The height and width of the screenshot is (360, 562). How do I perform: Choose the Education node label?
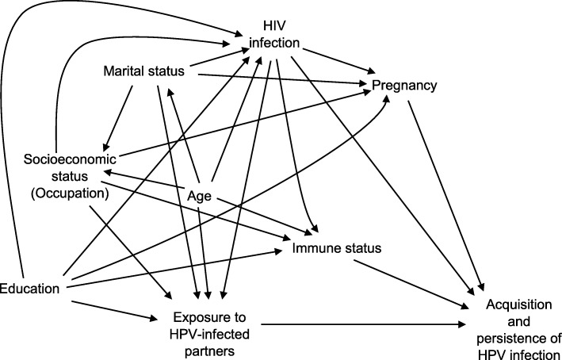30,288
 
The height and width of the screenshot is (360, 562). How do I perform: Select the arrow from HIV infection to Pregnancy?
333,56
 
